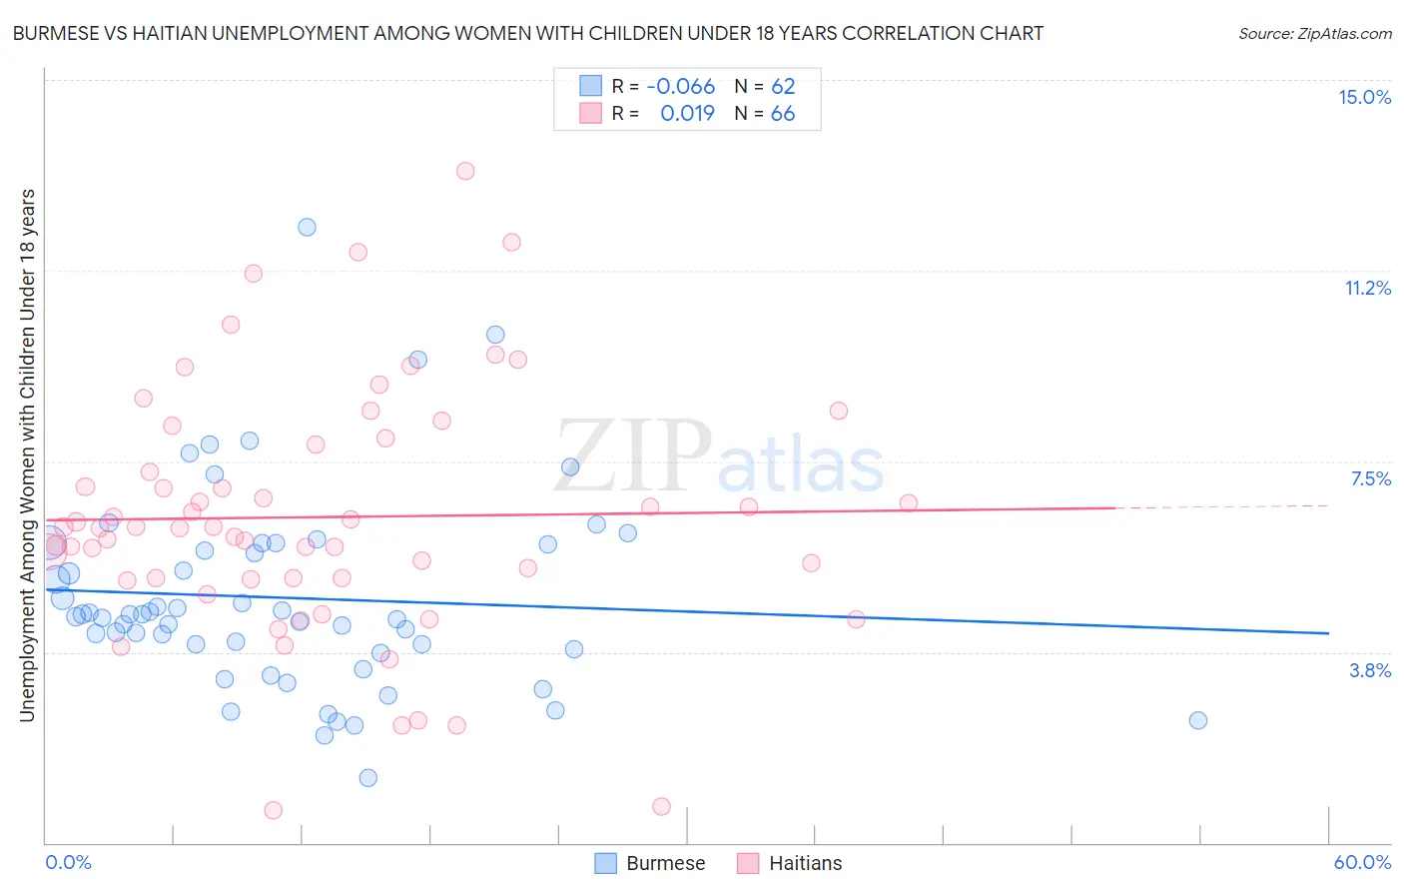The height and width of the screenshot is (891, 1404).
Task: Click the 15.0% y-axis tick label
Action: [1364, 97]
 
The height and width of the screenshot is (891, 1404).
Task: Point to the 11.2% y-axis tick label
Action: [1367, 288]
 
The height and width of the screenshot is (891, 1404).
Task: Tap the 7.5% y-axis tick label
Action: [1370, 478]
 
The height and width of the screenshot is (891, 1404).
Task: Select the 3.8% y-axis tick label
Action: [1370, 670]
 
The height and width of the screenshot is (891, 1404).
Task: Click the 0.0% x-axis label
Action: [68, 862]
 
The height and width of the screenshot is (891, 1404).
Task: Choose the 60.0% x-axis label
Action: [1361, 862]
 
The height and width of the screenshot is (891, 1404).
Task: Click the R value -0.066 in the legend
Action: [680, 87]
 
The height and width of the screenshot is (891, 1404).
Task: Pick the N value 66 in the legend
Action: [783, 114]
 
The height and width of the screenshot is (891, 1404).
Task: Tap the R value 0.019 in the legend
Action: [687, 114]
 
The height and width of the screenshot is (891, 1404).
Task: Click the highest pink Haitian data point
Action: [465, 171]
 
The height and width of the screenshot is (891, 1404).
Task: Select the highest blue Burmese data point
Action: [307, 227]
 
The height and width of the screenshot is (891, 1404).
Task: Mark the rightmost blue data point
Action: [1198, 720]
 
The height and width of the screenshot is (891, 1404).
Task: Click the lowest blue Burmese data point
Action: [367, 778]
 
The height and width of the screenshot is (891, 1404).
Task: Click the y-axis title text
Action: [27, 454]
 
